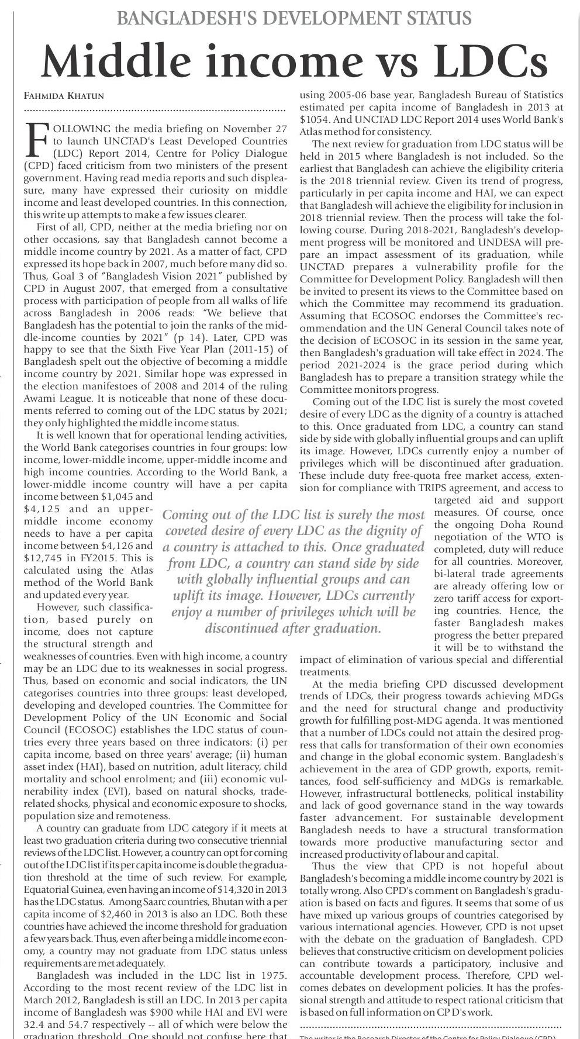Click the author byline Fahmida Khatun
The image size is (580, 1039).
(64, 95)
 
